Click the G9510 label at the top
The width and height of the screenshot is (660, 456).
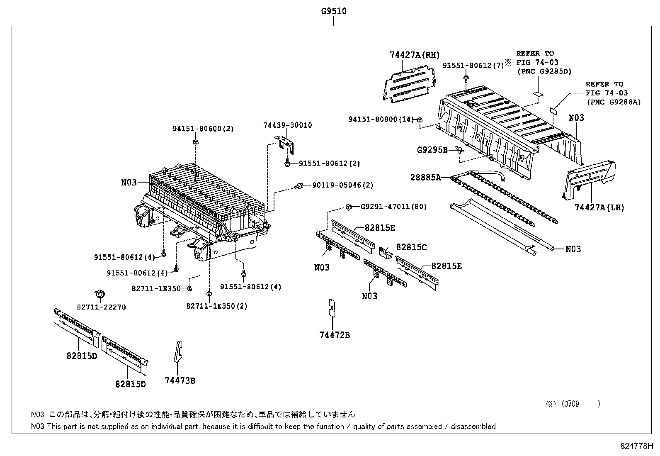pyautogui.click(x=333, y=11)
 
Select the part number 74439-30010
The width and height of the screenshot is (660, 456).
pyautogui.click(x=287, y=125)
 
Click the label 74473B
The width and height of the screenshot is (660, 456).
pyautogui.click(x=180, y=380)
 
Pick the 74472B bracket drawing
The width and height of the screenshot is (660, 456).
pyautogui.click(x=332, y=308)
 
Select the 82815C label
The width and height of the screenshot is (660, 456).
pyautogui.click(x=411, y=247)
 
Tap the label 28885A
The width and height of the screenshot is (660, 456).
pyautogui.click(x=425, y=177)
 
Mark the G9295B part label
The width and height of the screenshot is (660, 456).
pyautogui.click(x=432, y=149)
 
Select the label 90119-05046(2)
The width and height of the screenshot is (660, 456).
pyautogui.click(x=340, y=185)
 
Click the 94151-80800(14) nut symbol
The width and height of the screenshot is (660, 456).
pyautogui.click(x=419, y=120)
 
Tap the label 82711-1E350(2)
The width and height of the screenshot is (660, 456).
pyautogui.click(x=216, y=306)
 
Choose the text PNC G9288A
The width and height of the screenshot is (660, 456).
pyautogui.click(x=614, y=102)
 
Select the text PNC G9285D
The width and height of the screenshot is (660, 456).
pyautogui.click(x=544, y=71)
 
